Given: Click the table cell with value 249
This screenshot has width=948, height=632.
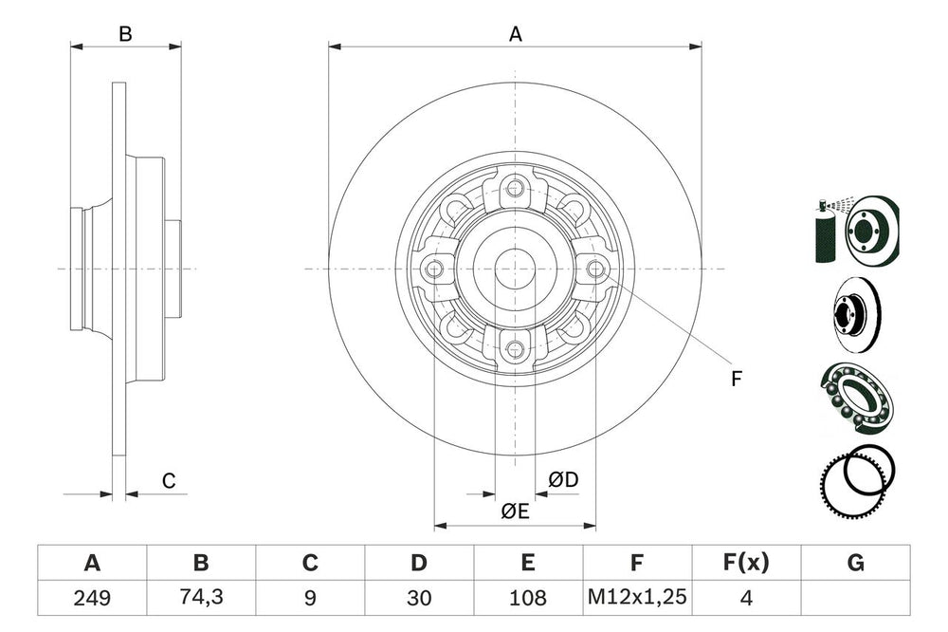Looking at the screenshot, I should [92, 598].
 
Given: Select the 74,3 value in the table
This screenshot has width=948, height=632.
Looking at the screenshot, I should [200, 598].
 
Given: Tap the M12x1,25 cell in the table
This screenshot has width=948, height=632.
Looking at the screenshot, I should [637, 598].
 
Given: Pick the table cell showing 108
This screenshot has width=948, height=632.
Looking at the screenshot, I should [528, 598].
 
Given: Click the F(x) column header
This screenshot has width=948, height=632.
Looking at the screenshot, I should [746, 563].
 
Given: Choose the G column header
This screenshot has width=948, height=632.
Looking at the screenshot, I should [855, 563].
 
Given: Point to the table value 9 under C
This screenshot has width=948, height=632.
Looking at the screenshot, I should [309, 598].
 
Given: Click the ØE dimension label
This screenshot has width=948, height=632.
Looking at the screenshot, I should [515, 511].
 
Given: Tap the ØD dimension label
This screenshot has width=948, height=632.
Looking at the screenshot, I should [563, 481].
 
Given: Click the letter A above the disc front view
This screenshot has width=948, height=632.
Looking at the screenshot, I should [516, 34].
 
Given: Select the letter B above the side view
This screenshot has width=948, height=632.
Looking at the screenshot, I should [125, 34].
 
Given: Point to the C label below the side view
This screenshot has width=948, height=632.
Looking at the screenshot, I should [168, 481].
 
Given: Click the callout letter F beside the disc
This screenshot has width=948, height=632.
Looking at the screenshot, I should [737, 379].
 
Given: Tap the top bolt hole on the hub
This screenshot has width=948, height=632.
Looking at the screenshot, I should [515, 188].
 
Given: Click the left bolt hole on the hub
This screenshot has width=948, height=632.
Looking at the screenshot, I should [434, 270].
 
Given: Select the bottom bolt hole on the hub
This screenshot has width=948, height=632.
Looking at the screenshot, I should [515, 349].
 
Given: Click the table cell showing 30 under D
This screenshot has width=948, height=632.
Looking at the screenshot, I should [418, 598].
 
